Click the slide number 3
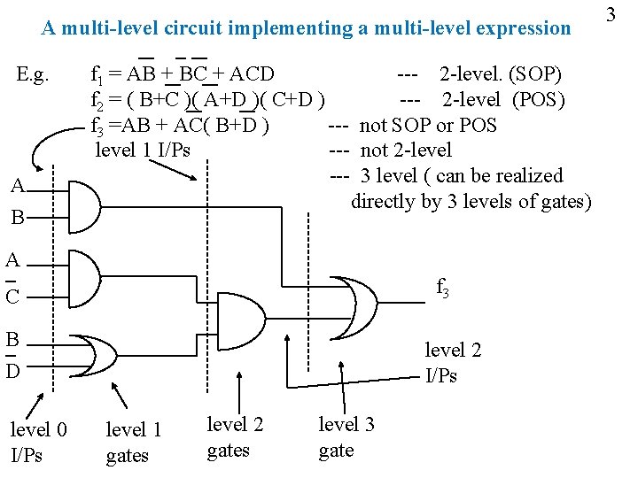coord(611,14)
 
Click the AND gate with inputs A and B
coord(83,201)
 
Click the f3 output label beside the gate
coord(442,288)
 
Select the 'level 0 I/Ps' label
coord(38,443)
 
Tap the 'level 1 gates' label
coord(133,443)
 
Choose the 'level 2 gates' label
coord(235,437)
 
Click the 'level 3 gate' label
coord(346,437)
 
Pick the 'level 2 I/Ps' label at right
coord(453,363)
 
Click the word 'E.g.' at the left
coord(38,73)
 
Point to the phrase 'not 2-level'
coord(406,150)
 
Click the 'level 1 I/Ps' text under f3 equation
coord(143,150)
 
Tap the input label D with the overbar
coord(12,368)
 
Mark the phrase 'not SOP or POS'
coord(428,125)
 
